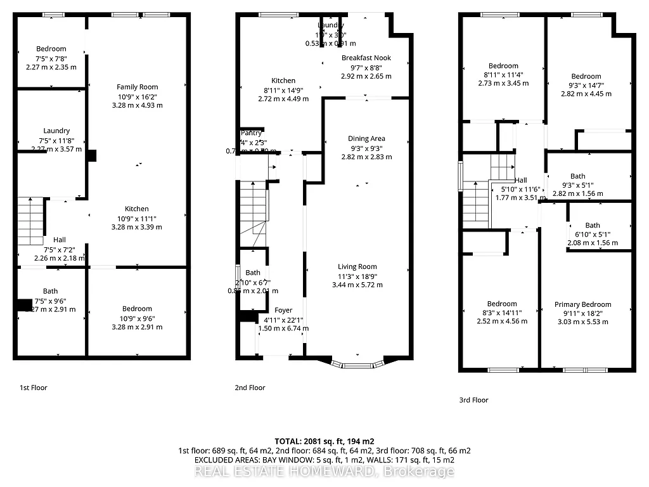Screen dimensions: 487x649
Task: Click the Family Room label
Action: click(x=137, y=87)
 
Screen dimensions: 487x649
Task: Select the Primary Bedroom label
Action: click(x=582, y=304)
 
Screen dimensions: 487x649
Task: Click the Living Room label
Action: click(x=357, y=267)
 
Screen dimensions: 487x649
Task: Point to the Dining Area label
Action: click(x=366, y=138)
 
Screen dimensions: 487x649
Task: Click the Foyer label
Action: click(x=284, y=310)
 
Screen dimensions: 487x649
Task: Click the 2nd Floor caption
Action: click(x=250, y=387)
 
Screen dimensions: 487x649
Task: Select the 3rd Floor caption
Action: click(x=473, y=400)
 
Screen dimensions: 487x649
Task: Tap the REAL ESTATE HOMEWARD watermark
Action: click(x=324, y=471)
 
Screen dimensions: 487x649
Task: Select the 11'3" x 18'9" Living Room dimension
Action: click(x=357, y=276)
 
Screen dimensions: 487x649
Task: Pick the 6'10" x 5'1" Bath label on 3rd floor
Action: click(x=592, y=225)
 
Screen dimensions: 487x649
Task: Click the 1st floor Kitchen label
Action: click(x=136, y=209)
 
